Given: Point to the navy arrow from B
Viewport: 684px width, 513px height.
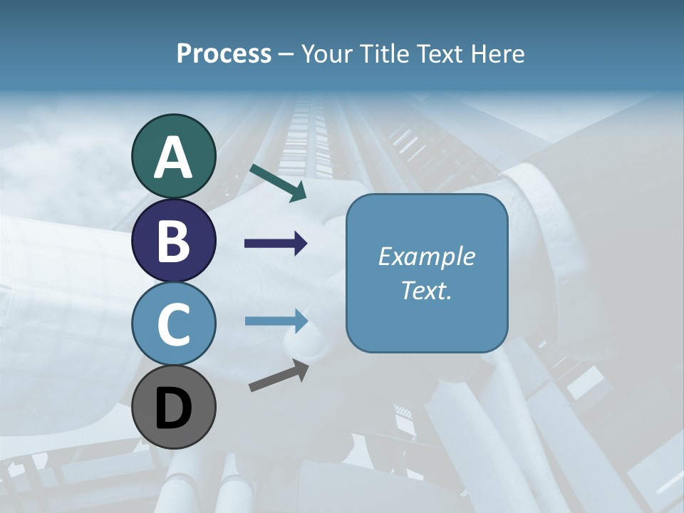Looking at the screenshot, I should pyautogui.click(x=276, y=244).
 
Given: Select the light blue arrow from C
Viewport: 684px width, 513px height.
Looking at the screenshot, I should pyautogui.click(x=276, y=321).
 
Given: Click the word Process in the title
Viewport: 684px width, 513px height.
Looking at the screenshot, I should pyautogui.click(x=224, y=53).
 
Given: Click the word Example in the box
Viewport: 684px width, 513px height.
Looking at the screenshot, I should pyautogui.click(x=426, y=256).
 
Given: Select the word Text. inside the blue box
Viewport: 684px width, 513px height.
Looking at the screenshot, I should pyautogui.click(x=426, y=291).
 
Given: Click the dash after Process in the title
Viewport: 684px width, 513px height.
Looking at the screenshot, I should pyautogui.click(x=286, y=55).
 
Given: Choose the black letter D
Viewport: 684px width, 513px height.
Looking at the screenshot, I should pyautogui.click(x=173, y=408).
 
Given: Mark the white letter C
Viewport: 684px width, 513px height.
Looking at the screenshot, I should pyautogui.click(x=173, y=324).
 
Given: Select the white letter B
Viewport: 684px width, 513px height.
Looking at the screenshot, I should pyautogui.click(x=173, y=241).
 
